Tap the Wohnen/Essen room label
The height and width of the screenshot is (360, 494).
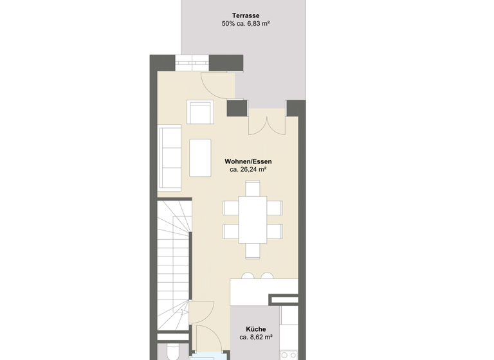point(248,161)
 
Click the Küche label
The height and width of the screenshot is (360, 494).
point(255,329)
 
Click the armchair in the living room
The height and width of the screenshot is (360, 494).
point(201,113)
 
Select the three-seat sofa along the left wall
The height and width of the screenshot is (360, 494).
point(170,157)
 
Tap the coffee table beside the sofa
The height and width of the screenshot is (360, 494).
point(201,157)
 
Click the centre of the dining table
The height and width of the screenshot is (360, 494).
point(253,219)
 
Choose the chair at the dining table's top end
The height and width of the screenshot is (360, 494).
point(253,188)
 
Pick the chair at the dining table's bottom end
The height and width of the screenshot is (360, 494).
point(253,250)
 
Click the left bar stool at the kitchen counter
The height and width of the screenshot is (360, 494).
point(247,276)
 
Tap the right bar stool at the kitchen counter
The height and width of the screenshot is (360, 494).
point(267,276)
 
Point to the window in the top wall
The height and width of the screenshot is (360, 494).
point(192,63)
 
